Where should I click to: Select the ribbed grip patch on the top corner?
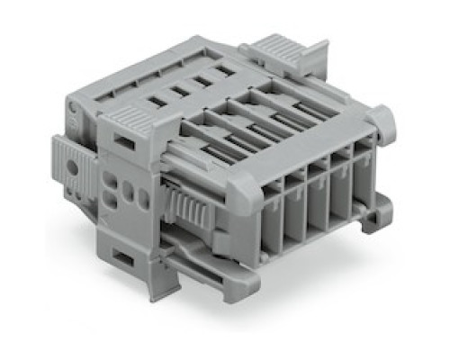click(134, 119)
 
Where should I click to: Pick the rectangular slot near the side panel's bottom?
click(124, 259)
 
